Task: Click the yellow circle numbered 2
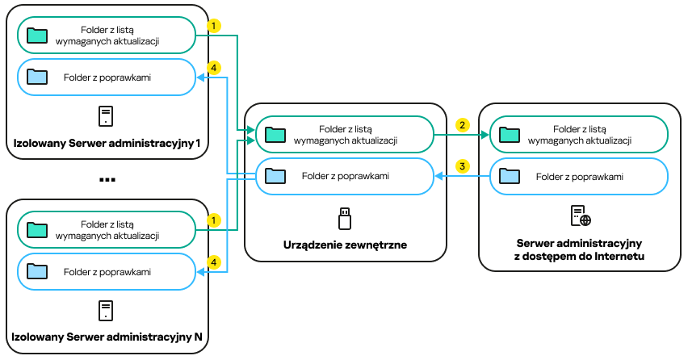(462, 125)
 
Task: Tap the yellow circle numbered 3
(462, 166)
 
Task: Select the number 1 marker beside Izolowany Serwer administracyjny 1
(213, 26)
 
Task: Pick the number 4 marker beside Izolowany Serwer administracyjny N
(213, 262)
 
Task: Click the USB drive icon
(345, 217)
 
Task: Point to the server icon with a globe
(581, 216)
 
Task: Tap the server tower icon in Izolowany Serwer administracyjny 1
(106, 116)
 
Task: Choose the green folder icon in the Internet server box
(510, 134)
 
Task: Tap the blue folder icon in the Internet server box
(510, 175)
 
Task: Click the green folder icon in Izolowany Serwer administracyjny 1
(36, 35)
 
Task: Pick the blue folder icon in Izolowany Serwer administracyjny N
(36, 271)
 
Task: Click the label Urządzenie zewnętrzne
(345, 244)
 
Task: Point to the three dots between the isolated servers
(107, 179)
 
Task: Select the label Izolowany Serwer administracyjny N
(107, 336)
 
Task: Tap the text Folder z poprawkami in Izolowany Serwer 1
(107, 77)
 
